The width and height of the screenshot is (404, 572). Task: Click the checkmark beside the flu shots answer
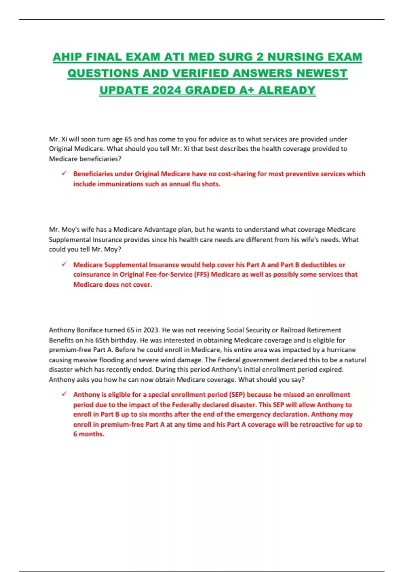point(64,173)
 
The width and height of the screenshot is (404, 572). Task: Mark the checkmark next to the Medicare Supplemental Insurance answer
point(64,264)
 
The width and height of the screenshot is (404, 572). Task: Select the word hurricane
point(341,350)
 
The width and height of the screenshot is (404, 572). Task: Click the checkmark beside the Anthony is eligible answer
point(64,394)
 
